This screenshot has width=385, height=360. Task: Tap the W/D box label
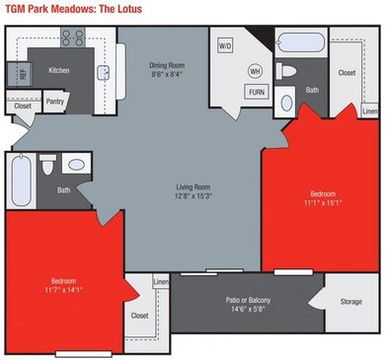(225, 45)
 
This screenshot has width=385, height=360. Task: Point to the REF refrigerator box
(22, 74)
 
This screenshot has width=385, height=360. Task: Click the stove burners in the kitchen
(73, 39)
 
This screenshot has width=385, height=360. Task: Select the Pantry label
(55, 100)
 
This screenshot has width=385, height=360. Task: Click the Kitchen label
(59, 70)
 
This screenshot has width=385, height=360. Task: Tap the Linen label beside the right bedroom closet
(369, 111)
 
